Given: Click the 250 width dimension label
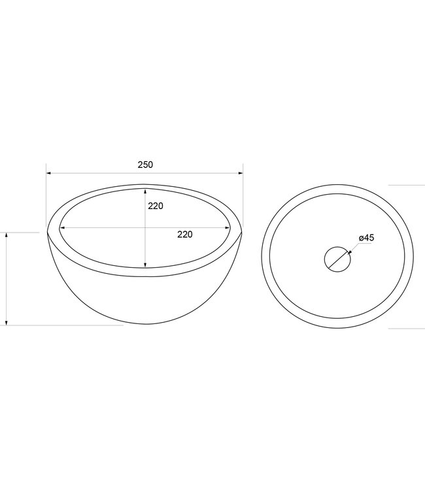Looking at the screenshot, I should coord(145,165).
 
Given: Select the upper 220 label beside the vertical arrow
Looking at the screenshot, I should coord(155,206).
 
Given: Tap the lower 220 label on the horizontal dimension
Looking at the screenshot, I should coord(185,235).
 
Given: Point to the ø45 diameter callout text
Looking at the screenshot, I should coord(366,238).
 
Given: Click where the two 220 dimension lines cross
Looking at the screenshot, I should coord(145,228).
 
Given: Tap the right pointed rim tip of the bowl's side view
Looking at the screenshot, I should coord(241,232).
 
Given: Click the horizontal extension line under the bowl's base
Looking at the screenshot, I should coord(65,325).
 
